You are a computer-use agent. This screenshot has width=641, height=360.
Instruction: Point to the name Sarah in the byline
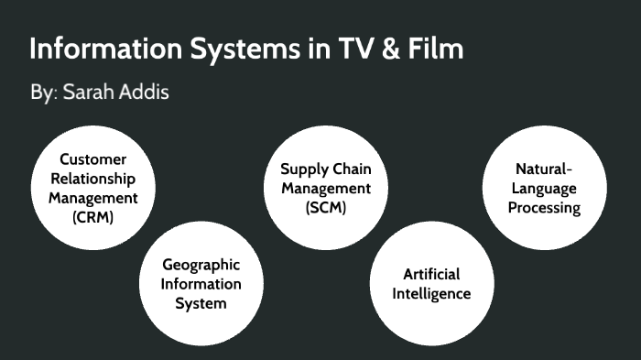tap(92, 94)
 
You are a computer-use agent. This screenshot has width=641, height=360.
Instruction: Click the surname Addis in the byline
tap(147, 94)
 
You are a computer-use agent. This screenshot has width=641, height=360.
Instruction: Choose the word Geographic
tap(201, 264)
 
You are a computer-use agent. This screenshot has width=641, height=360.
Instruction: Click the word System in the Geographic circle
tap(201, 303)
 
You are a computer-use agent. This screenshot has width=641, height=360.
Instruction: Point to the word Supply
tap(304, 169)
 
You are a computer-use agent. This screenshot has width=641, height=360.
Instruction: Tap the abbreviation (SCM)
tap(326, 208)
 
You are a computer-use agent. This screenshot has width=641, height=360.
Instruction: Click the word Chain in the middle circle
tap(352, 169)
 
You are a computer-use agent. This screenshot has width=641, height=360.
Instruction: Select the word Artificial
tap(431, 274)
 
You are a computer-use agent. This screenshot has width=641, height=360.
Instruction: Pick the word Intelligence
tap(431, 294)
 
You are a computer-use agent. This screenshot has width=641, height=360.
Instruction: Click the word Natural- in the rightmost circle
tap(544, 169)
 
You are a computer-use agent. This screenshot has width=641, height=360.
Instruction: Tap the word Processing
tap(544, 208)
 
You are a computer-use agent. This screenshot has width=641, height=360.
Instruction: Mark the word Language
tap(544, 188)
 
